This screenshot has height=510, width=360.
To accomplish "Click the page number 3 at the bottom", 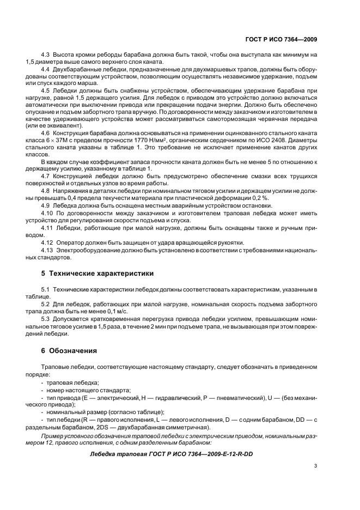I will (316, 466).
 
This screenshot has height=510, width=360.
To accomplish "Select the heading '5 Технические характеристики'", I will (97, 273).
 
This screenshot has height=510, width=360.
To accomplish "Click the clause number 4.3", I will (46, 55).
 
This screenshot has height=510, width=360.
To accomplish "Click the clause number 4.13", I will (48, 250).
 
